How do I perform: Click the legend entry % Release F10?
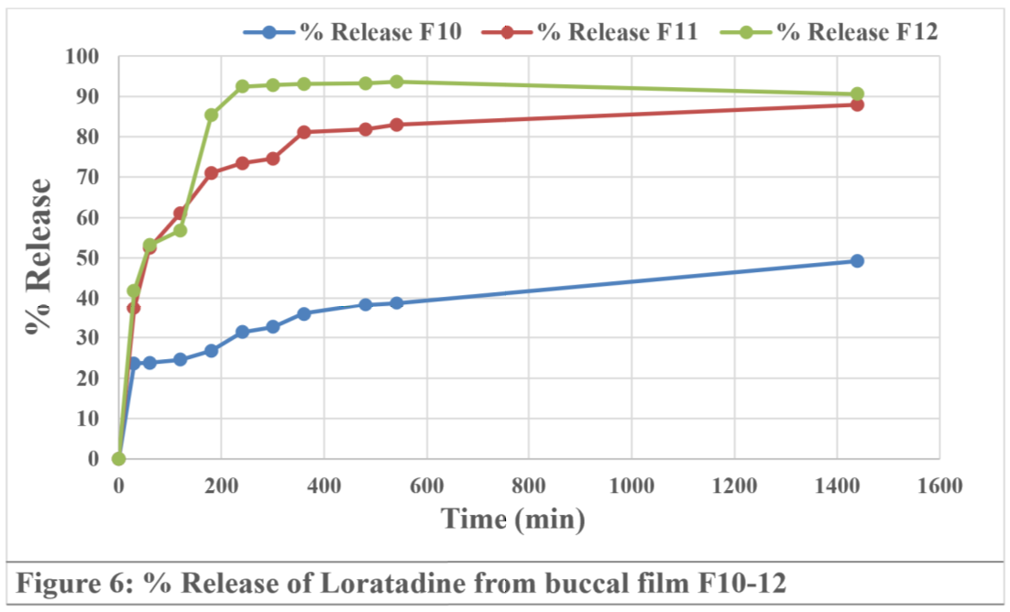pos(352,32)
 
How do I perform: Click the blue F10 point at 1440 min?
pos(857,261)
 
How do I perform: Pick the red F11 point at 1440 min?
pos(857,104)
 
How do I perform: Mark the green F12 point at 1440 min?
pos(857,93)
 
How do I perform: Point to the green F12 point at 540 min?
pos(396,82)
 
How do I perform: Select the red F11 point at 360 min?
pos(303,132)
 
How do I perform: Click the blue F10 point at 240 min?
pos(242,332)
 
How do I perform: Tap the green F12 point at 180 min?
pos(211,115)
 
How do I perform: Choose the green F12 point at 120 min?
pos(181,230)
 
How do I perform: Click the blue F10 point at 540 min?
pos(396,302)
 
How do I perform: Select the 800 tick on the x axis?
pos(529,486)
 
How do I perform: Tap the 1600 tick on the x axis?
pos(939,486)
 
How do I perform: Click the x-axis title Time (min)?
pos(513,519)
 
